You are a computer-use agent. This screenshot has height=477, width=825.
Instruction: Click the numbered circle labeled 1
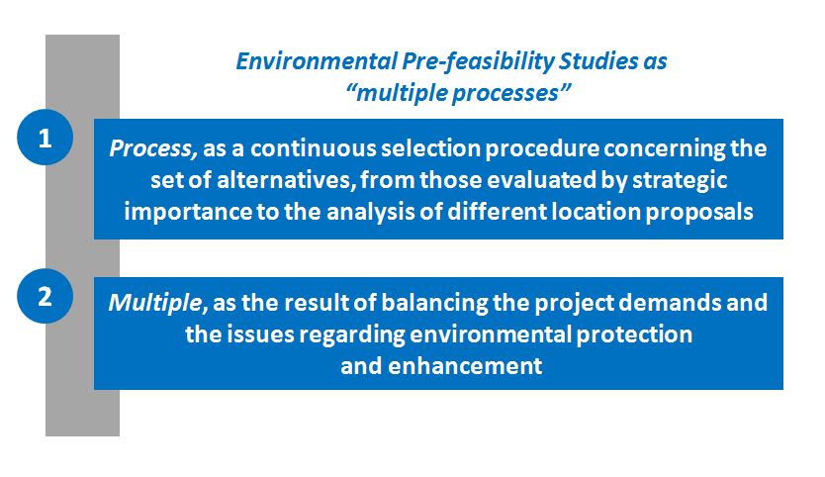(45, 138)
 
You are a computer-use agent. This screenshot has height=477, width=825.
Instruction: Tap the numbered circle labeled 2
(45, 296)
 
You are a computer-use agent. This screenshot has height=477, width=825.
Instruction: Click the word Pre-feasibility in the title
(478, 62)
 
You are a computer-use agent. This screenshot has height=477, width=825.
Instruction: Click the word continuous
(313, 148)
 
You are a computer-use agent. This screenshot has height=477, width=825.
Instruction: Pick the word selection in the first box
(430, 148)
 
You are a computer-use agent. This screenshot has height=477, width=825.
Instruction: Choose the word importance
(188, 213)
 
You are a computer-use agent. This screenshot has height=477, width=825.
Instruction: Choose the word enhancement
(465, 366)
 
